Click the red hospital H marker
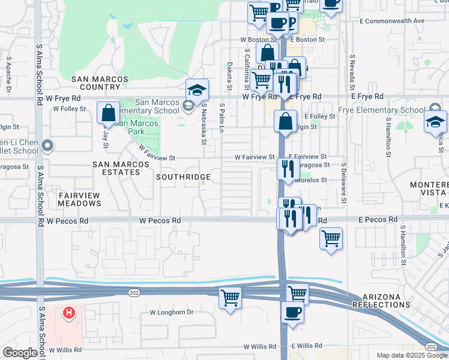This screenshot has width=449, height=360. (x=69, y=313)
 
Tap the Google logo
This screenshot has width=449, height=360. (x=20, y=353)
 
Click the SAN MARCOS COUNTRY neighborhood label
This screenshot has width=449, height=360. (x=100, y=83)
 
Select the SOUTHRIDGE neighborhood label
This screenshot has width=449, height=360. (x=183, y=177)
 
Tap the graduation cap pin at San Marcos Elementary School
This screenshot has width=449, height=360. (x=196, y=91)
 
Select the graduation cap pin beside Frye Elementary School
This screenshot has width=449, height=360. (x=435, y=122)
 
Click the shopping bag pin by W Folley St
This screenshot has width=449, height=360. (x=108, y=113)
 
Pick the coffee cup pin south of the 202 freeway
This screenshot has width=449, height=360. (x=292, y=313)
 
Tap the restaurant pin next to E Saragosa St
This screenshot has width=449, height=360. (x=288, y=169)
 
